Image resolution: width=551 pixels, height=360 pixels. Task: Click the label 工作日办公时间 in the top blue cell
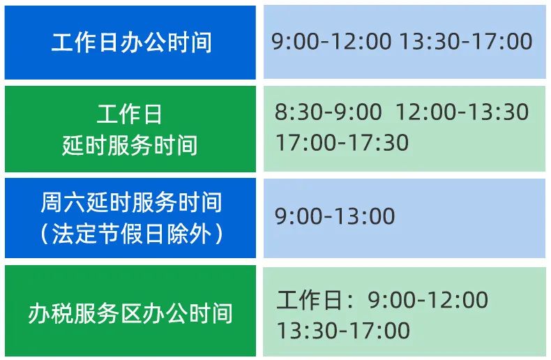(131, 43)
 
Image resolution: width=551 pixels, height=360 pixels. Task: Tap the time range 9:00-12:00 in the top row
(331, 41)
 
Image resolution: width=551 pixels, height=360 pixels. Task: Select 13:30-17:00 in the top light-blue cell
(466, 41)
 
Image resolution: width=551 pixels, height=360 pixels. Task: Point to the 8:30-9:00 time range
(329, 112)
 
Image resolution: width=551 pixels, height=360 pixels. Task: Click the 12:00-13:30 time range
(462, 112)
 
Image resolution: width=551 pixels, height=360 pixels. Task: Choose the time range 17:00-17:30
(342, 142)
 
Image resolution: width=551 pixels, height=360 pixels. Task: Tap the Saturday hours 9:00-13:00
(335, 216)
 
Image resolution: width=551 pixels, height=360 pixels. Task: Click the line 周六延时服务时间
(131, 202)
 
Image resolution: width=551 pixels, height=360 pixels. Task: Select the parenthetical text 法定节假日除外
(131, 234)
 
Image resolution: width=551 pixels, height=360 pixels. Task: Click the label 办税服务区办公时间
(130, 313)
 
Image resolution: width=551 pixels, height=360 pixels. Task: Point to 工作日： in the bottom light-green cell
(315, 300)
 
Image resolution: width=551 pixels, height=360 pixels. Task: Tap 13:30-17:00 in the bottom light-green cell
(344, 331)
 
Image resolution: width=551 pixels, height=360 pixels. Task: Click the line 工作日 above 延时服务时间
(129, 114)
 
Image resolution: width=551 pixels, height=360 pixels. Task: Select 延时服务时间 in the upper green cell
(130, 145)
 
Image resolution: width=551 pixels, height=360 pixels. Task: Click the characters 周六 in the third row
(63, 202)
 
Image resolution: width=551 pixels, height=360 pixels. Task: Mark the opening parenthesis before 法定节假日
(44, 234)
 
